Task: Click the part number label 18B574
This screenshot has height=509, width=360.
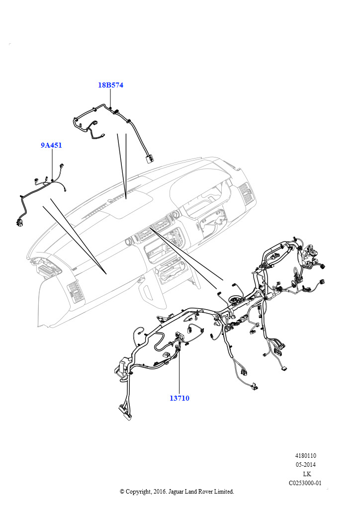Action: [110, 85]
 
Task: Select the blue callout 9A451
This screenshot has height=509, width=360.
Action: [51, 145]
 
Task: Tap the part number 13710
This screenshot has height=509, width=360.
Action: [179, 398]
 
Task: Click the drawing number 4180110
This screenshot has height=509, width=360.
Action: [306, 455]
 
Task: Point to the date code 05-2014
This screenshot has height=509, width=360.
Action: [306, 465]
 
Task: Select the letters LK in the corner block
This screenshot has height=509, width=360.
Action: [307, 474]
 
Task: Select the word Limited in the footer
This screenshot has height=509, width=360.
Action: [222, 492]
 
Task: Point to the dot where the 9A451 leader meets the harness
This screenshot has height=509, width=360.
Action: [52, 180]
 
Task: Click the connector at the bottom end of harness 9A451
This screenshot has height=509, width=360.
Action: [20, 222]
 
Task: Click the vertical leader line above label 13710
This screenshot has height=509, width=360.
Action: [179, 373]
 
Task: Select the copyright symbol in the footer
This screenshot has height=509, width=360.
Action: [122, 492]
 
